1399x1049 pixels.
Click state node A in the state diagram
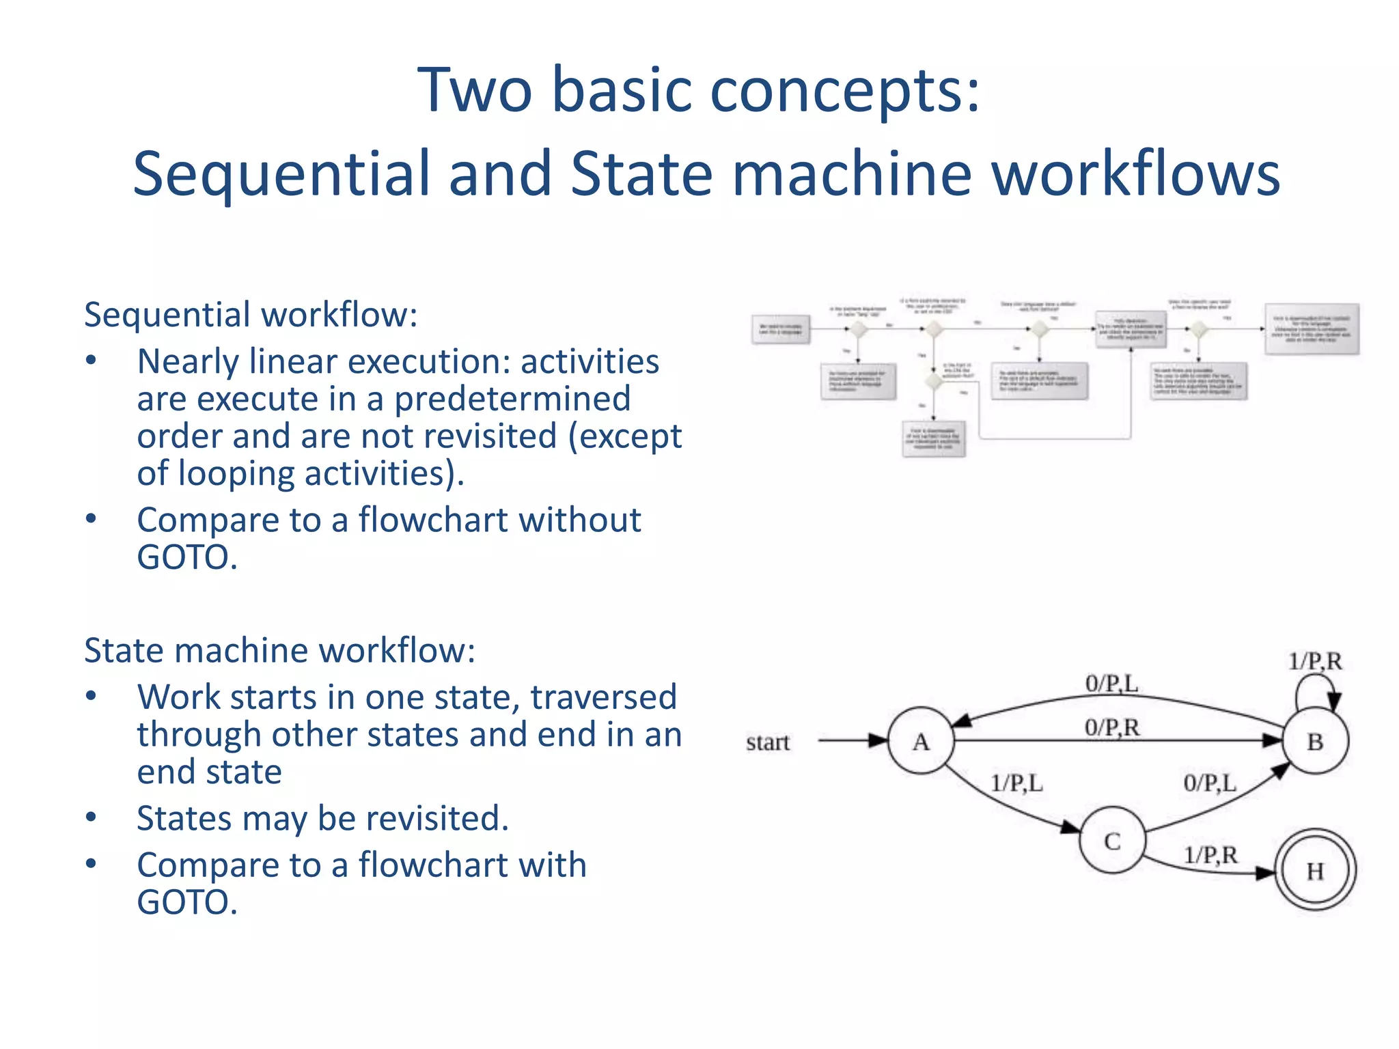(920, 741)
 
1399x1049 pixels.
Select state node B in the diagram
(1315, 741)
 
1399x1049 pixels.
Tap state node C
(1112, 841)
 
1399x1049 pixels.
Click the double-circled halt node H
(1315, 870)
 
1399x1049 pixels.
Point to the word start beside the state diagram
(767, 742)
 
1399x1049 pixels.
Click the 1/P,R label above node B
(1315, 661)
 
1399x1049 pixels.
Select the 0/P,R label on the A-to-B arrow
(1112, 727)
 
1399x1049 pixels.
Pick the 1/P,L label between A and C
(1016, 783)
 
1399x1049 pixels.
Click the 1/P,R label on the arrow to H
(1210, 854)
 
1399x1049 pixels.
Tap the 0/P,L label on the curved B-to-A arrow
(1111, 683)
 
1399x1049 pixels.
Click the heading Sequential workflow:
(251, 315)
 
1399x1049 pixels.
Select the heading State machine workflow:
(279, 650)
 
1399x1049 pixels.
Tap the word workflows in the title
(1135, 174)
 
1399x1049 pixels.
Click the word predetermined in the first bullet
(512, 399)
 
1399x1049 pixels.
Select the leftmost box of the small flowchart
(781, 329)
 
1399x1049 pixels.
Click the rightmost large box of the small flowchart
(1312, 329)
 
